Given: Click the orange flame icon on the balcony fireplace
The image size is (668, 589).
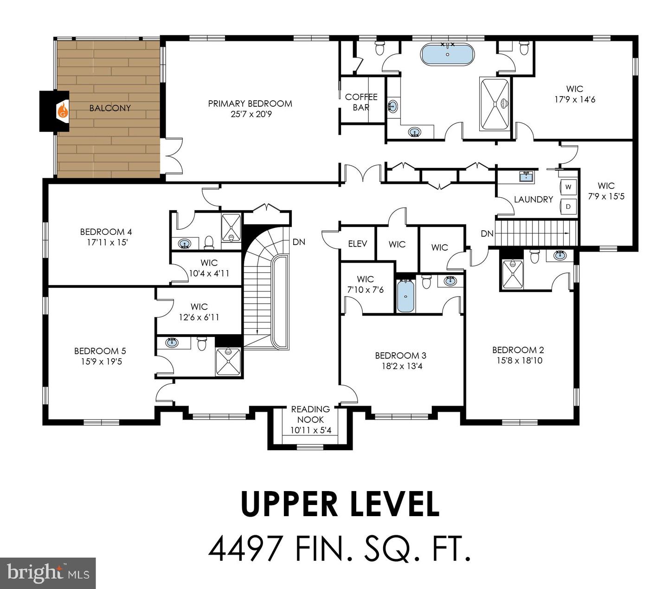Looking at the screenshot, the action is coord(63,110).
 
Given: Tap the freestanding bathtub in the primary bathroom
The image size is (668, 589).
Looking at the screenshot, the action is coord(447,54).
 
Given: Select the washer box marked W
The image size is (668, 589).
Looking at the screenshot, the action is coord(568,187).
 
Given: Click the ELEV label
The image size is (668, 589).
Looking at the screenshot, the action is coord(357,244).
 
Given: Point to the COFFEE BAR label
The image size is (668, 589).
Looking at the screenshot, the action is coord(361,102).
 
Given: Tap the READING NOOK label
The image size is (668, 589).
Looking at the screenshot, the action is coord(310,414).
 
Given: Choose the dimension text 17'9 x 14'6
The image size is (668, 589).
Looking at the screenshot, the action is coord(575,100).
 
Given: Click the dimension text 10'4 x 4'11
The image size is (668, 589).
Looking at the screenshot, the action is coord(209,273).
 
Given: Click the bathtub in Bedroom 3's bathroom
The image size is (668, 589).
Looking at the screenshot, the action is coord(405,296).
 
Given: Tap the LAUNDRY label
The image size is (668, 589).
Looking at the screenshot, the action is coord(533,199).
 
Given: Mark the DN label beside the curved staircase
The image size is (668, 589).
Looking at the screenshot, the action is coord(299,242).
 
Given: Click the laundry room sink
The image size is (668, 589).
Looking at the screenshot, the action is coord(527,176).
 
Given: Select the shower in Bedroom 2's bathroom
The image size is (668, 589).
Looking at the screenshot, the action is coord(512,274).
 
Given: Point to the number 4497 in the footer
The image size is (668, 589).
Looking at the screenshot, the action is coord(245,549).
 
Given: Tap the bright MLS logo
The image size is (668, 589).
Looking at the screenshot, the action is coord(48,573).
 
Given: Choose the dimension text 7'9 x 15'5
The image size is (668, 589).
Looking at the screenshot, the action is coord(606,197).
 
